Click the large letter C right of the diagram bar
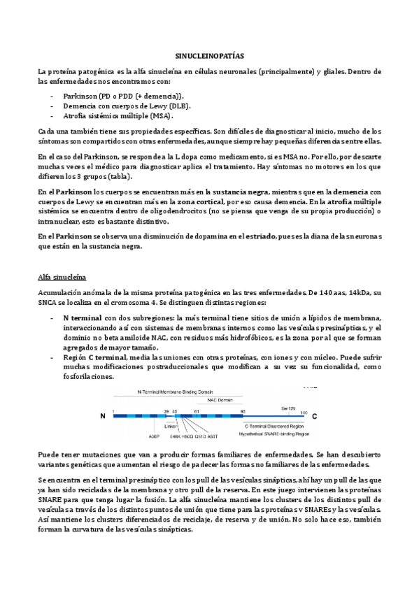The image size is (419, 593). click(315, 416)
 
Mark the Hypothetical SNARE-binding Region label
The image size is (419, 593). click(274, 434)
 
